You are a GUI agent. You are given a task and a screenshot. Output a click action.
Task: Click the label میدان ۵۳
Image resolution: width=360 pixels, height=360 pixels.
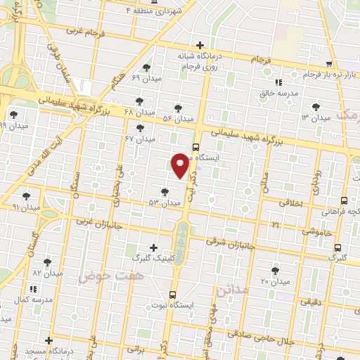pyautogui.click(x=164, y=203)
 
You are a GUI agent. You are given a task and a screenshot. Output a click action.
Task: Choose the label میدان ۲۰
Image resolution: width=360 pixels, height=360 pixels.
pyautogui.click(x=275, y=281)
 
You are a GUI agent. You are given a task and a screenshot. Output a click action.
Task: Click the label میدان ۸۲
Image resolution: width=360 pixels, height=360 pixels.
pyautogui.click(x=48, y=272)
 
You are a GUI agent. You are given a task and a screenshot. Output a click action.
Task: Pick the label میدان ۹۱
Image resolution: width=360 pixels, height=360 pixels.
pyautogui.click(x=27, y=207)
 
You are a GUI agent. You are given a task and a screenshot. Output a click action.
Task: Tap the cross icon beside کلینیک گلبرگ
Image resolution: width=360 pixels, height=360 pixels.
pyautogui.click(x=154, y=247)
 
